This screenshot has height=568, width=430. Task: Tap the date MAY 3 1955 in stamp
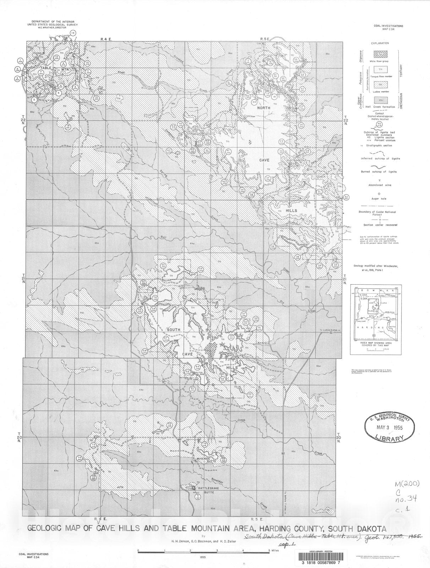(390, 428)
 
